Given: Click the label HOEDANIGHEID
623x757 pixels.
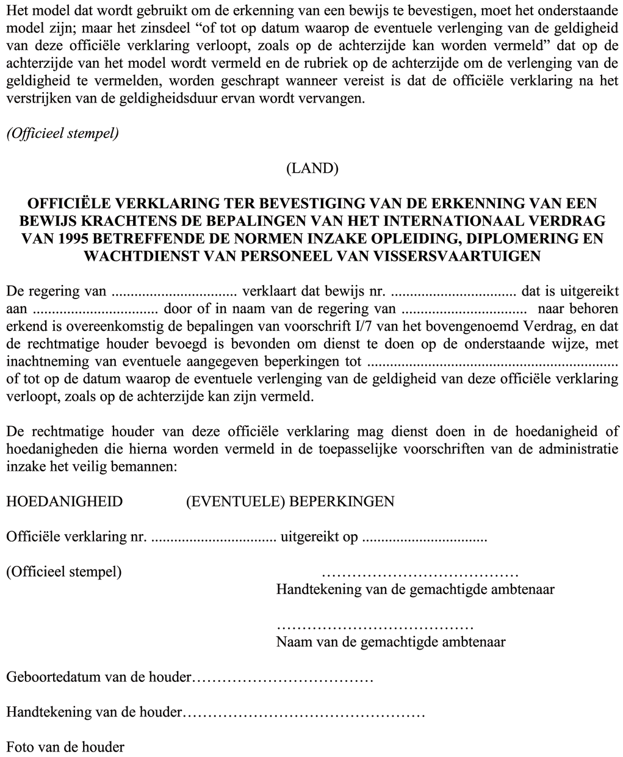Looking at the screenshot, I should [64, 502].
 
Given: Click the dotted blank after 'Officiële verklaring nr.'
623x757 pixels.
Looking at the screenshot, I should [213, 539].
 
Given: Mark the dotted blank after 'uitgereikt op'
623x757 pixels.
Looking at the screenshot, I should [424, 539].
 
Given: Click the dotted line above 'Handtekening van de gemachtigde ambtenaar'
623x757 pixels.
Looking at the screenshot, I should [420, 575].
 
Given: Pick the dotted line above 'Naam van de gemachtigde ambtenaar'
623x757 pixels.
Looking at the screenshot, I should [375, 628].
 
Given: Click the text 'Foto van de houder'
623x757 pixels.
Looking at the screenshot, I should [65, 747].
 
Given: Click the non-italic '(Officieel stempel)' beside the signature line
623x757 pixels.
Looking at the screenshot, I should [64, 573].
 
